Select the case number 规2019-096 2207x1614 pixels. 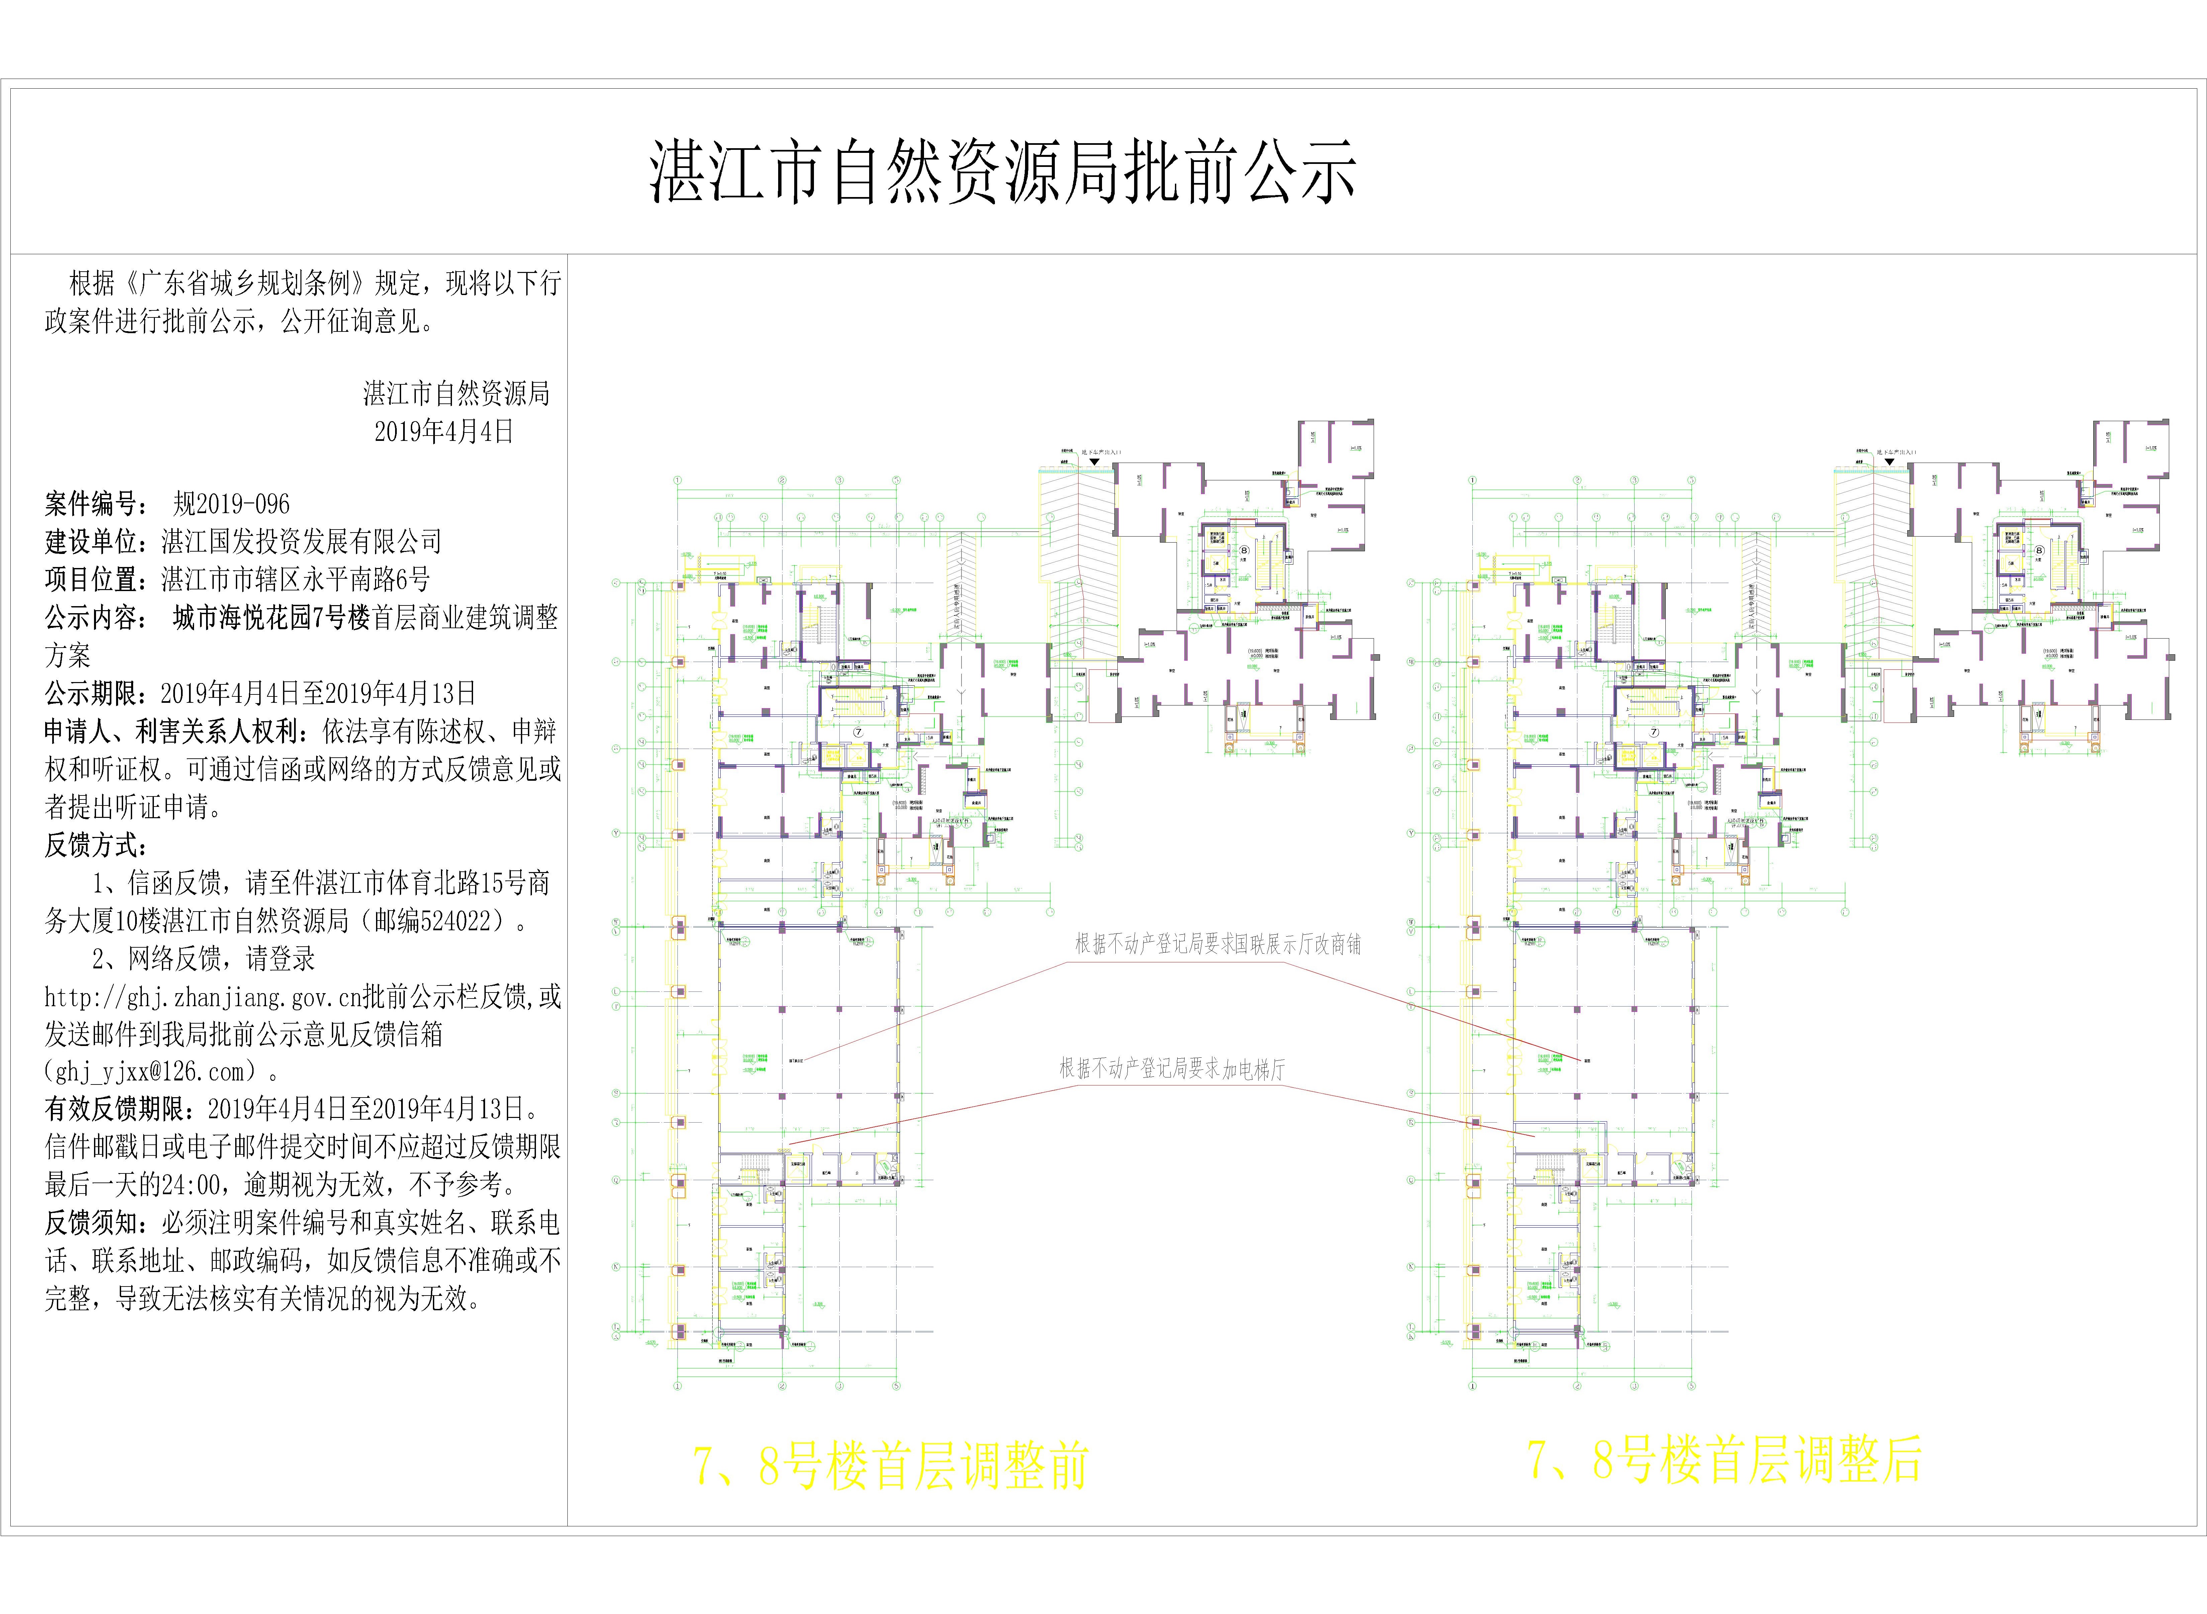pos(232,504)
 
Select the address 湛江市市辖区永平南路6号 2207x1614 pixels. pos(295,579)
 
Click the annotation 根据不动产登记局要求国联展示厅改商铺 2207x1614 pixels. pos(1217,944)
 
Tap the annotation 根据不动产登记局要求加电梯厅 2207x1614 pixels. pos(1172,1069)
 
